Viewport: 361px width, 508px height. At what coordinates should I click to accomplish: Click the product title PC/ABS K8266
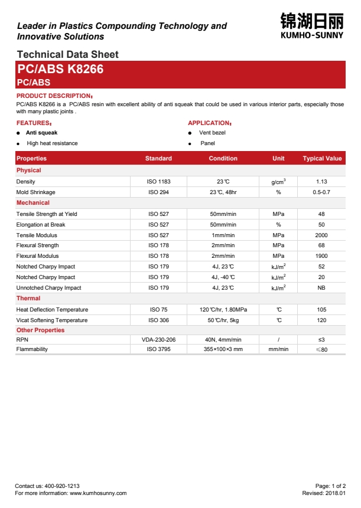(x=60, y=69)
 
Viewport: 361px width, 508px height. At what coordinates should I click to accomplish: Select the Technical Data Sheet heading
(x=67, y=54)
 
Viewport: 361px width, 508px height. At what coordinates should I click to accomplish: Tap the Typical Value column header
(x=322, y=159)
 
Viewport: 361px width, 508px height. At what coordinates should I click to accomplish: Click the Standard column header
(x=158, y=159)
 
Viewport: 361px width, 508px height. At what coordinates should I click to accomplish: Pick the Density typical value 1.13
(x=321, y=182)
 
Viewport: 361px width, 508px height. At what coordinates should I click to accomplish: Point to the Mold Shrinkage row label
(x=36, y=192)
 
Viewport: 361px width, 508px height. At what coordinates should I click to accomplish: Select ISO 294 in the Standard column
(x=158, y=192)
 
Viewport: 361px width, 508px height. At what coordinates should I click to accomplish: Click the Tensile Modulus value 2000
(x=321, y=235)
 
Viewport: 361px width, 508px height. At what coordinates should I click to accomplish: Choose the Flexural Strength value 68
(x=321, y=245)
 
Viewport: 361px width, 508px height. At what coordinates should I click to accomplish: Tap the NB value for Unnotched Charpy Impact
(x=321, y=288)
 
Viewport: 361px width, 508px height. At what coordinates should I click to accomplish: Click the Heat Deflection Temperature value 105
(x=321, y=310)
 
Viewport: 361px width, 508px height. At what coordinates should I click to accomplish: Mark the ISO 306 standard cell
(x=158, y=320)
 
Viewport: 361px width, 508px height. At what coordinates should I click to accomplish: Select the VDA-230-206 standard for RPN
(x=158, y=340)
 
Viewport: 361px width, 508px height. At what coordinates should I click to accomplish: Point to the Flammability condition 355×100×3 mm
(x=223, y=349)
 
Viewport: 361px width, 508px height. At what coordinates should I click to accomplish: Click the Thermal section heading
(x=28, y=299)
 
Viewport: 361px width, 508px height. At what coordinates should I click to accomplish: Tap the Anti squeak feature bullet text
(x=41, y=133)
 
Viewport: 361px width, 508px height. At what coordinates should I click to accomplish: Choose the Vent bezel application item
(x=212, y=133)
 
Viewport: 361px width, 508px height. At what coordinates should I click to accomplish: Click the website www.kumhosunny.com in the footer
(x=98, y=493)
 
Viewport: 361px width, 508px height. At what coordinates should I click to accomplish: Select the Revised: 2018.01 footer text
(x=324, y=493)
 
